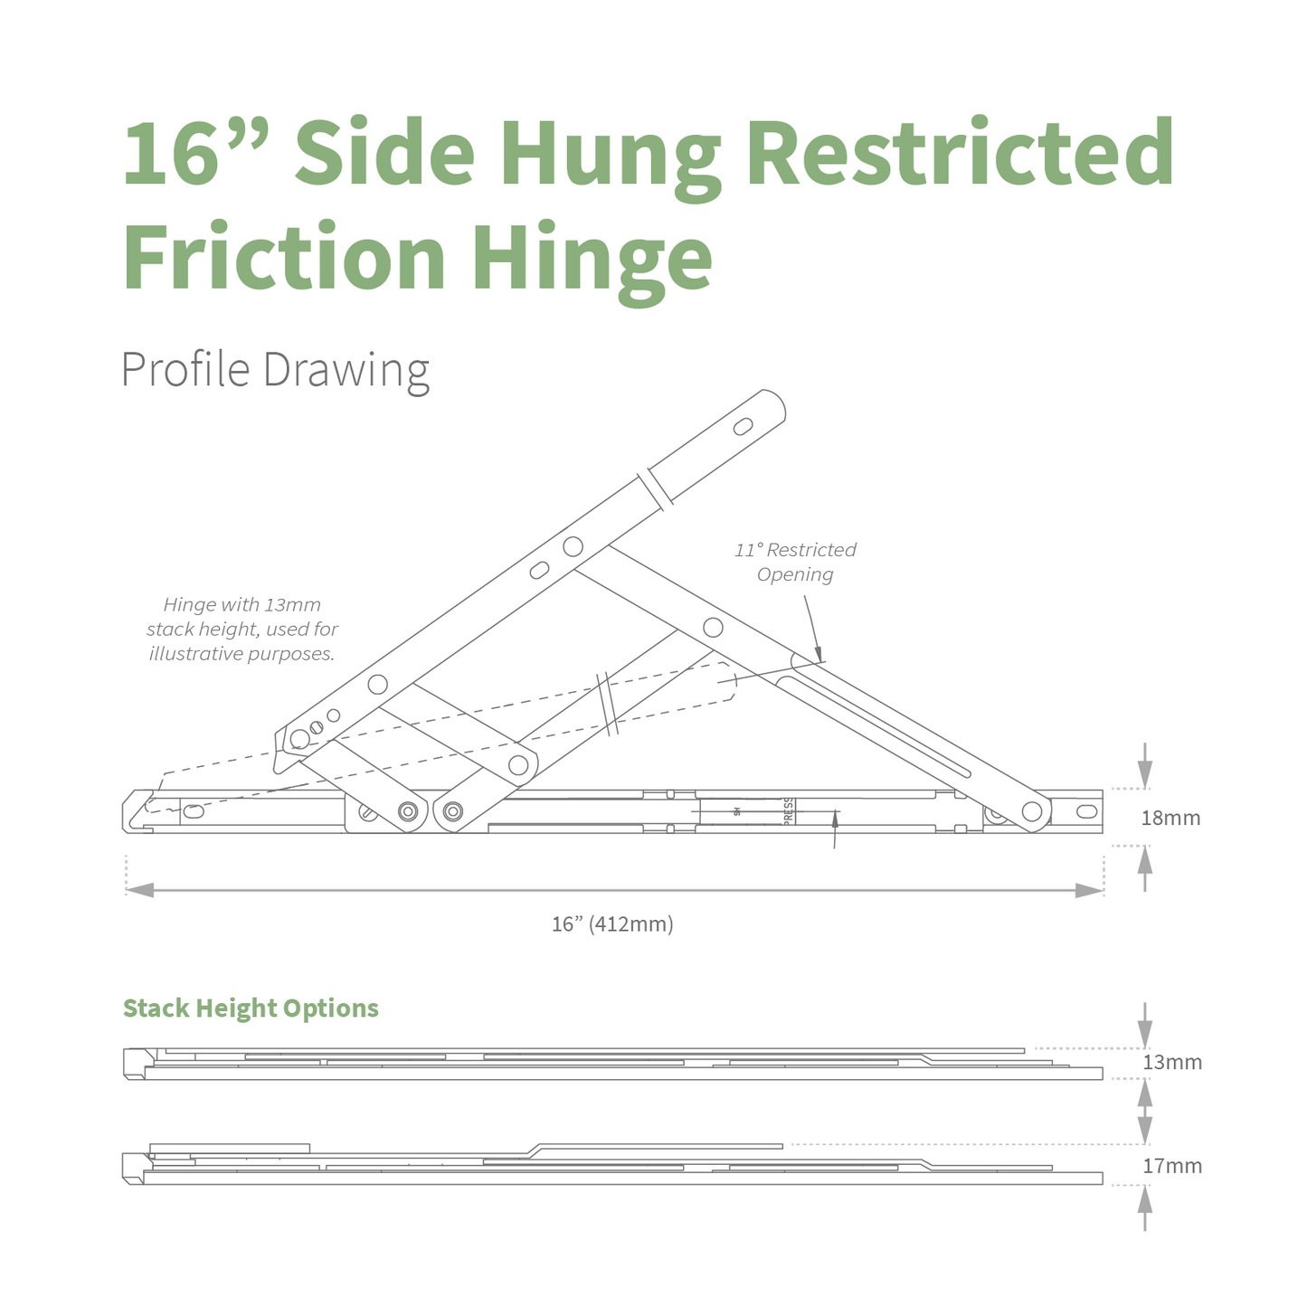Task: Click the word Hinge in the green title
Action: pyautogui.click(x=592, y=257)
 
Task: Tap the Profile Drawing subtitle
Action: pyautogui.click(x=275, y=371)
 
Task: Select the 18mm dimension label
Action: pyautogui.click(x=1170, y=818)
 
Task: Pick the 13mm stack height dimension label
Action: pyautogui.click(x=1171, y=1062)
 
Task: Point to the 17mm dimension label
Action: pyautogui.click(x=1171, y=1166)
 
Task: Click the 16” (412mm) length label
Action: pyautogui.click(x=612, y=923)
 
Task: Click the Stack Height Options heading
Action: pyautogui.click(x=251, y=1009)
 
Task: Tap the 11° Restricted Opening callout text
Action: pyautogui.click(x=795, y=562)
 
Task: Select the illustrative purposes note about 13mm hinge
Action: pyautogui.click(x=242, y=630)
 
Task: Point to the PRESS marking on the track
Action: pyautogui.click(x=788, y=811)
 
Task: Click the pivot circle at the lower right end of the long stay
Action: pyautogui.click(x=1032, y=811)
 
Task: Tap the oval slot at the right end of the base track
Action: pyautogui.click(x=1086, y=811)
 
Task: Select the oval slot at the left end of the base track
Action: pyautogui.click(x=194, y=811)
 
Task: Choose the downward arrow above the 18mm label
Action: pyautogui.click(x=1144, y=772)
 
